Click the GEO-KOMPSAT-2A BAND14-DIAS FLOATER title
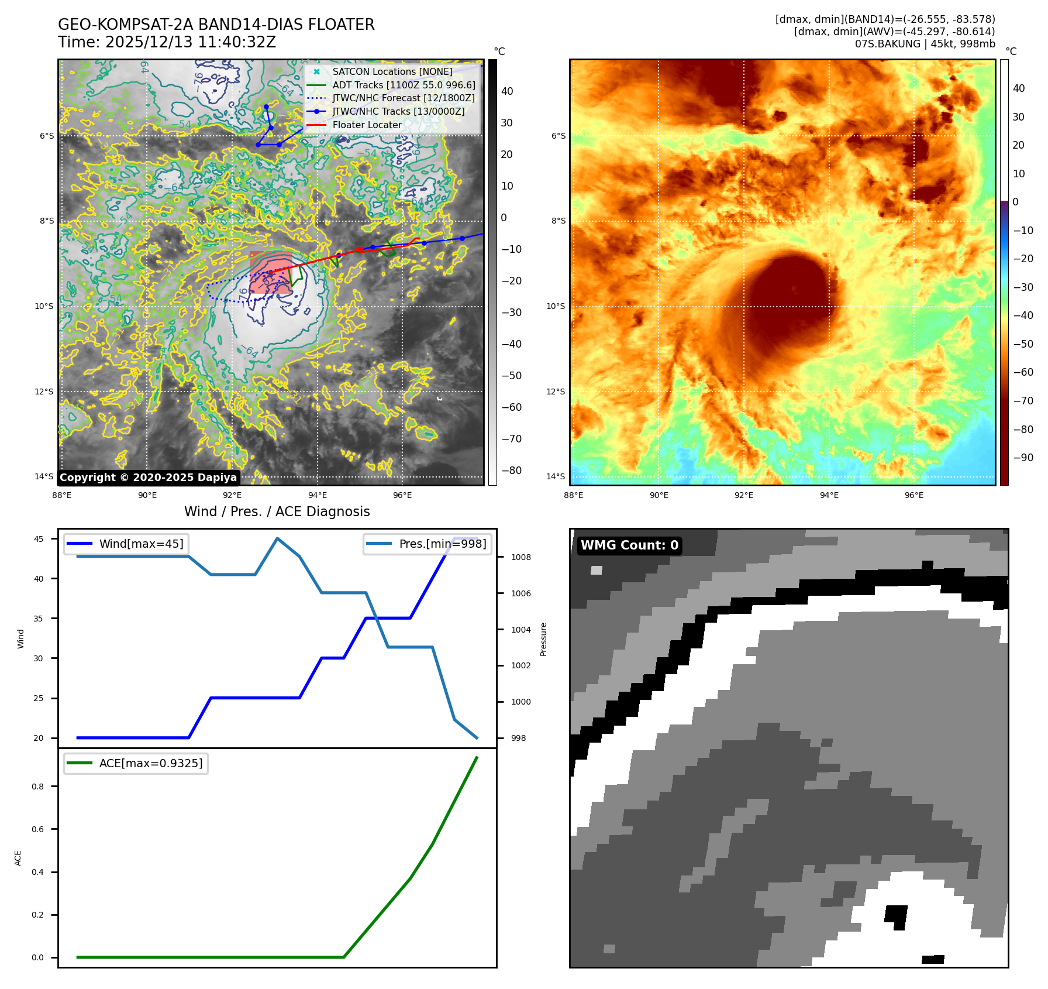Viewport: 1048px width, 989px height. point(216,25)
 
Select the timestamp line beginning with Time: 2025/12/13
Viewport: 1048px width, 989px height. point(167,42)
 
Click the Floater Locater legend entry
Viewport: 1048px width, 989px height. point(367,125)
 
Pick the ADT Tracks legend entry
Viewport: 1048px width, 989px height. point(404,85)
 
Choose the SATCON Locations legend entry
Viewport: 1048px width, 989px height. point(392,71)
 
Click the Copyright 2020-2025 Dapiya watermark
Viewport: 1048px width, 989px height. point(148,478)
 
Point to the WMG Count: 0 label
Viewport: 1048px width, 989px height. point(629,545)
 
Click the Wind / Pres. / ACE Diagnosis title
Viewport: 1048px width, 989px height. point(277,511)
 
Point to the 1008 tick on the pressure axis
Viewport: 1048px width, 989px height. point(520,557)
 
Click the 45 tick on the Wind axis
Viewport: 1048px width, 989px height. point(39,539)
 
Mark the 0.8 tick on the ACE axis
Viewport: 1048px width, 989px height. point(38,787)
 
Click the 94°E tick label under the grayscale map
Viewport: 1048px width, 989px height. point(318,495)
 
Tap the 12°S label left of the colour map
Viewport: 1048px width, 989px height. point(556,392)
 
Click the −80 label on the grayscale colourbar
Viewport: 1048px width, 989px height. point(511,471)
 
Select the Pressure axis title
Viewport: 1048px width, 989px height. point(543,639)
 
